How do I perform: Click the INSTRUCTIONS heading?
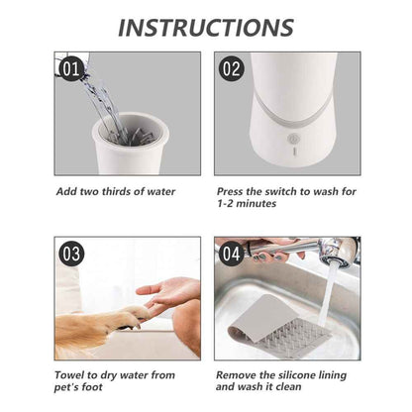[205, 27]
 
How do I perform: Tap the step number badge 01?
[70, 69]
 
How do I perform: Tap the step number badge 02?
[230, 69]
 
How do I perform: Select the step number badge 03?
[70, 254]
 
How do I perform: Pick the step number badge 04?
[230, 254]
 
